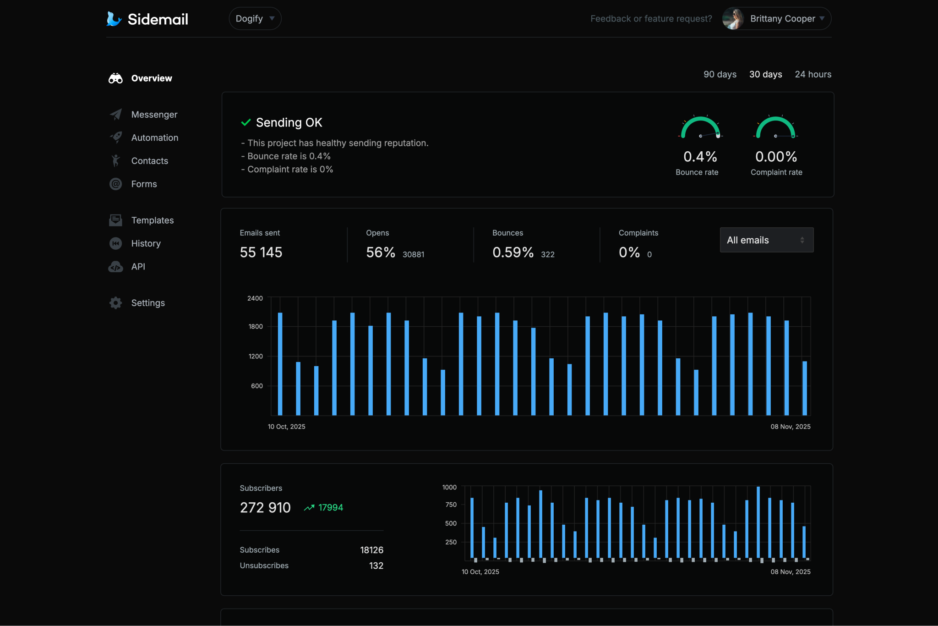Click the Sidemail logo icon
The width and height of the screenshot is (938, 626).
[114, 19]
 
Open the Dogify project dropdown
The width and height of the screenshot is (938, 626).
[255, 19]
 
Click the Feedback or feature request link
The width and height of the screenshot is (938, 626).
[651, 19]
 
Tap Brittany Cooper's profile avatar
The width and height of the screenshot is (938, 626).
[733, 19]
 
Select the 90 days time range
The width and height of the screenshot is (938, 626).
[720, 74]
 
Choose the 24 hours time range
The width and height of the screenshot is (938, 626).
[813, 74]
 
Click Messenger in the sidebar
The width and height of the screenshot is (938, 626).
[154, 115]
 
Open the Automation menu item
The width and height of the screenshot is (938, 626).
[154, 137]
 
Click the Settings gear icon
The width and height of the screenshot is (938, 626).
[116, 303]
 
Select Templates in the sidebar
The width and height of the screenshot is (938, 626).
[152, 220]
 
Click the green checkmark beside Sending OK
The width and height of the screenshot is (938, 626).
[246, 122]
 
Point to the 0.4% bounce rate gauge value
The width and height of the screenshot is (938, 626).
[700, 157]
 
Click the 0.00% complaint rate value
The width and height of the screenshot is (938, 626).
[776, 157]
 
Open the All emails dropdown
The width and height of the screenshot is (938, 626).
[766, 240]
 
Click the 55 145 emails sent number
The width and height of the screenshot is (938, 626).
[261, 253]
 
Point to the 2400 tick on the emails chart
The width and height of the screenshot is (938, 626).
[255, 298]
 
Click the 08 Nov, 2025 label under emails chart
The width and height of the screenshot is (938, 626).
[790, 427]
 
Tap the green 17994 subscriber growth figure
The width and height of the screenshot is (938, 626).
[330, 508]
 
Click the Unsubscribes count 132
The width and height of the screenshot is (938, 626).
[376, 566]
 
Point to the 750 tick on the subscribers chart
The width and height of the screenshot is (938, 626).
[451, 505]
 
